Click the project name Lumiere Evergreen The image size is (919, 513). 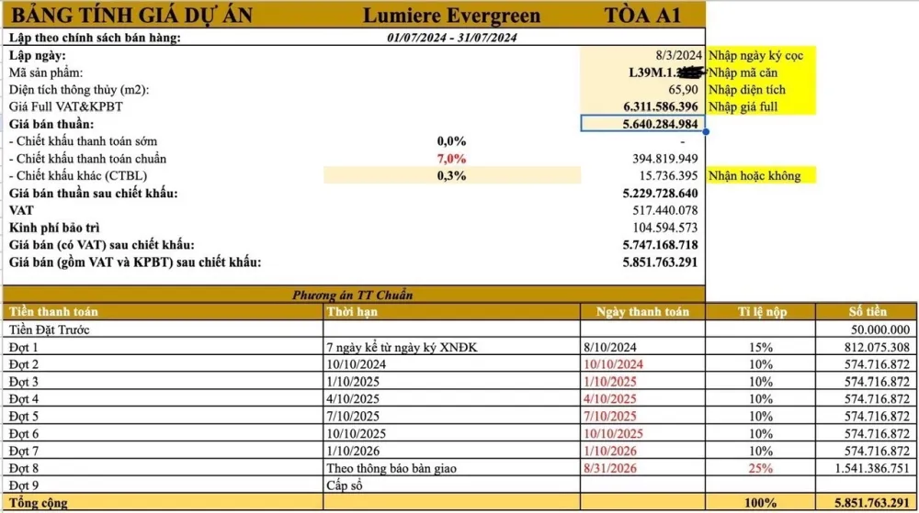pos(451,16)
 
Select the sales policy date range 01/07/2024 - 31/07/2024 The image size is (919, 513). pos(452,38)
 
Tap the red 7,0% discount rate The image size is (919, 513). pos(451,159)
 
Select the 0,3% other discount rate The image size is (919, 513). pos(451,176)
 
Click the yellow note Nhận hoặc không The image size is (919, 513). pos(754,176)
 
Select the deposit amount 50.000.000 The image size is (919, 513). pos(876,329)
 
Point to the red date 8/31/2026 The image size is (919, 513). pos(610,468)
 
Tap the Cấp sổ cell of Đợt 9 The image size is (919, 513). pos(346,485)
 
